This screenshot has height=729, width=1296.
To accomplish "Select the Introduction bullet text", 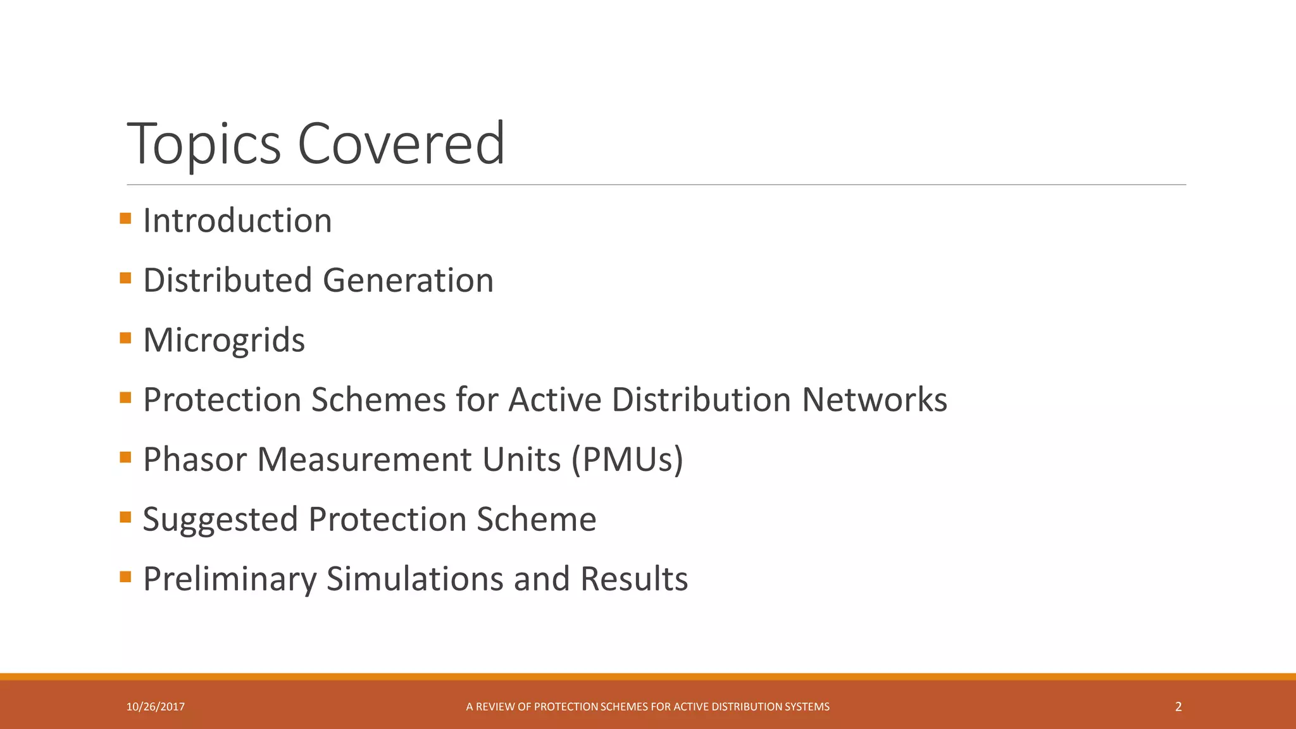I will point(237,221).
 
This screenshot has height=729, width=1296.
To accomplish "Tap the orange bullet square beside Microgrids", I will point(125,338).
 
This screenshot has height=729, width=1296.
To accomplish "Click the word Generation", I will point(408,280).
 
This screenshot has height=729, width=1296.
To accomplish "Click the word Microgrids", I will point(224,340).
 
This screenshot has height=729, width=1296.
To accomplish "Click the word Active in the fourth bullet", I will point(554,400).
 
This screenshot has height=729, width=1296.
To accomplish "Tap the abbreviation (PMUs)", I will point(627,459).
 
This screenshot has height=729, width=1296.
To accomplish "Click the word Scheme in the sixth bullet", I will point(536,519).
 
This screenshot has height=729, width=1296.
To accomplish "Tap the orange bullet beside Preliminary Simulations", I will point(125,576).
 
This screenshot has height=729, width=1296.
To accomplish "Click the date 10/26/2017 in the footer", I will point(156,707).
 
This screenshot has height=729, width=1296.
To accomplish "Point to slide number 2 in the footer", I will point(1178,707).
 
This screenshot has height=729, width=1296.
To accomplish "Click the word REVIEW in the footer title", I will point(495,707).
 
